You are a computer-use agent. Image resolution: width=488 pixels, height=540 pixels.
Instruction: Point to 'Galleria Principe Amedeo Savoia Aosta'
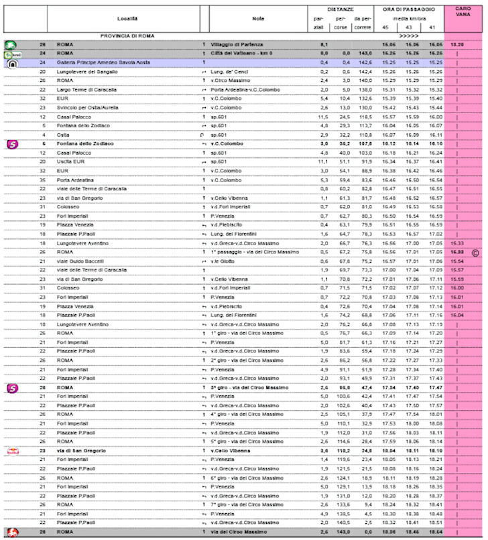(x=110, y=62)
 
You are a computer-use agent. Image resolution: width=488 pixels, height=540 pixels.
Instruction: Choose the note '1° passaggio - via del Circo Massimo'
(x=255, y=252)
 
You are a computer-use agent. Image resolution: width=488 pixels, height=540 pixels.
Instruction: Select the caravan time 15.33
(x=457, y=243)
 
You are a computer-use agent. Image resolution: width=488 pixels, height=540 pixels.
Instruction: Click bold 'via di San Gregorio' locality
(x=81, y=451)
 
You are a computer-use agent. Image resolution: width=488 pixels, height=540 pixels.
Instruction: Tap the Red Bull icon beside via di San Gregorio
(x=12, y=451)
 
